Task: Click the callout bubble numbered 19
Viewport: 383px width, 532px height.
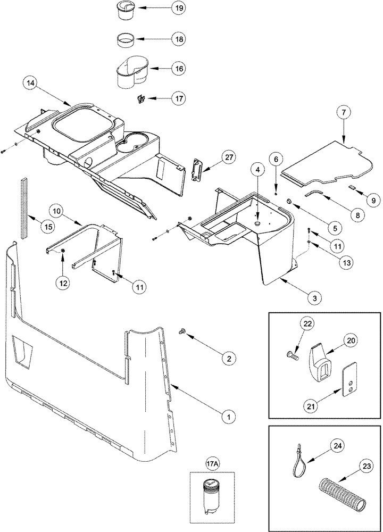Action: (x=178, y=9)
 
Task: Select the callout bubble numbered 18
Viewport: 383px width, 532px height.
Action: (x=178, y=40)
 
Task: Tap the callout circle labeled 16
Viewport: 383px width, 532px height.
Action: (x=178, y=69)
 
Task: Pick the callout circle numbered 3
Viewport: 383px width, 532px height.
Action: (x=314, y=298)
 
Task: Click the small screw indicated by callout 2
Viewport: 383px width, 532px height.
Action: (x=183, y=332)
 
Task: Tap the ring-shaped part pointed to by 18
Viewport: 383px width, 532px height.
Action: (x=127, y=40)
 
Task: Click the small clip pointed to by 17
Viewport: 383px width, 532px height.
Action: (x=140, y=99)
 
